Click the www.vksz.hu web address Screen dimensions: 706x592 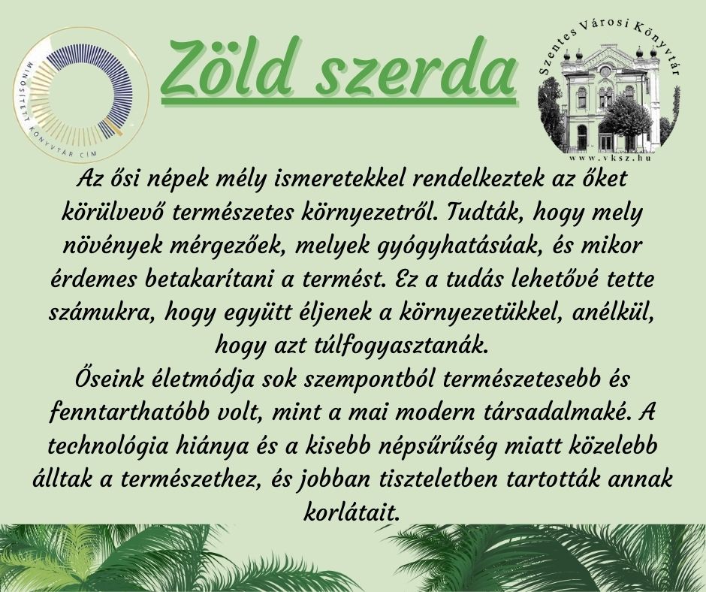click(x=610, y=158)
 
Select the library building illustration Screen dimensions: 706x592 click(x=609, y=96)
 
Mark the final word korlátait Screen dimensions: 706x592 click(x=352, y=512)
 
